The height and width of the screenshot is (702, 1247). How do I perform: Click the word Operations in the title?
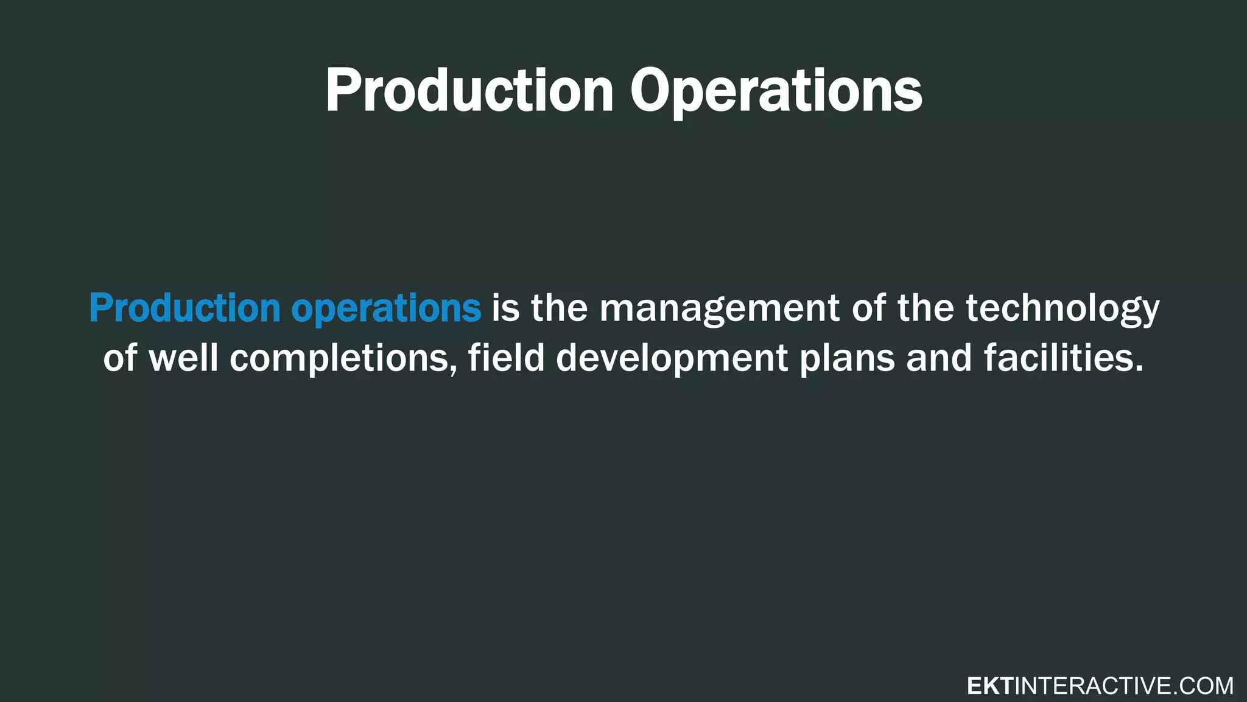point(776,91)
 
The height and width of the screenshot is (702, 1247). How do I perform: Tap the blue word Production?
point(184,308)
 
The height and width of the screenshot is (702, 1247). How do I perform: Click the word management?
point(719,308)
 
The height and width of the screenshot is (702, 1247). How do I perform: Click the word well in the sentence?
point(183,358)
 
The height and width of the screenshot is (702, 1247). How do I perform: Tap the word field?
point(506,358)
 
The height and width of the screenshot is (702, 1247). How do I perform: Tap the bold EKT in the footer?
point(989,686)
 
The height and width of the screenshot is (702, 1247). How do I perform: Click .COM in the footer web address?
point(1203,686)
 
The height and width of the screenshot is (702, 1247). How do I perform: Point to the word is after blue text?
point(505,308)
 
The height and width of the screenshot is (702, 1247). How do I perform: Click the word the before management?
point(560,308)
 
